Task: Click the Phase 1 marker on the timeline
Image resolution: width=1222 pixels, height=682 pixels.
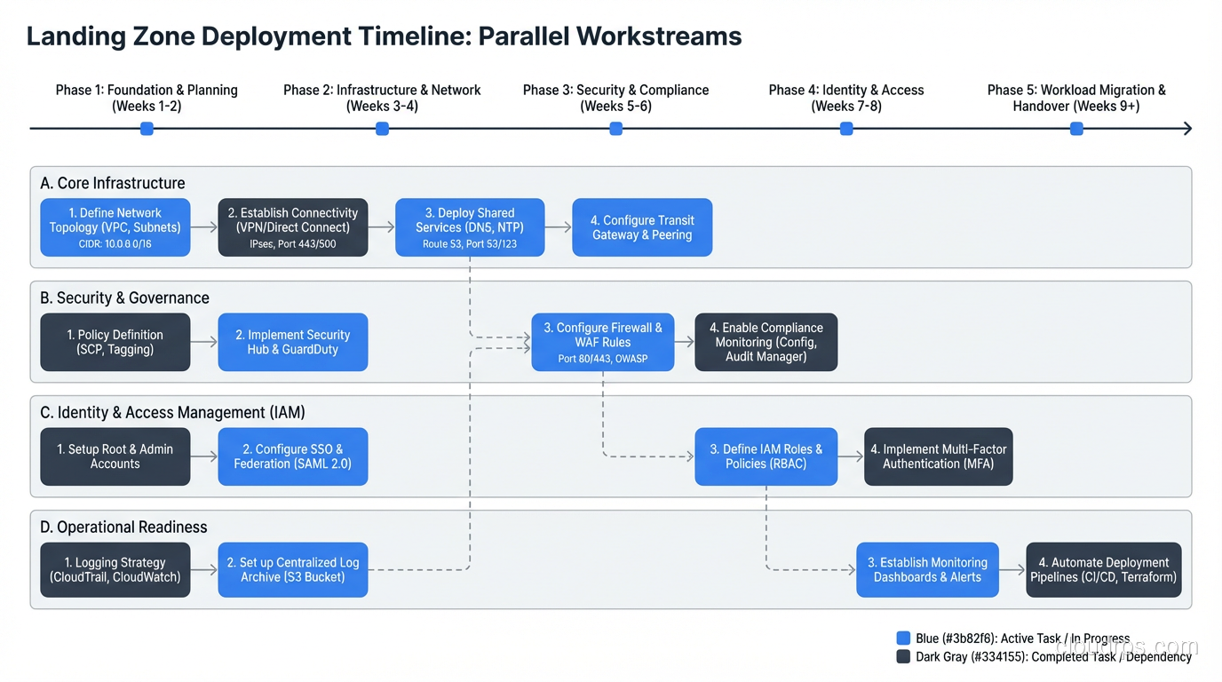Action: coord(147,129)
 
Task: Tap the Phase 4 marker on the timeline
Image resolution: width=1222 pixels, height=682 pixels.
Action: coord(846,129)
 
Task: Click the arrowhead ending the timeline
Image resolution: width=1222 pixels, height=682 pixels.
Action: coord(1186,129)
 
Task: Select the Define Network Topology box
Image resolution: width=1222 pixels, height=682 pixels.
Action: coord(115,227)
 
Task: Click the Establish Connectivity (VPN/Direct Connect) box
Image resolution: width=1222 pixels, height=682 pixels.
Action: coord(293,227)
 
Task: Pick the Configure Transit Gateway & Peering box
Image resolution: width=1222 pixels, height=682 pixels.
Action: coord(642,227)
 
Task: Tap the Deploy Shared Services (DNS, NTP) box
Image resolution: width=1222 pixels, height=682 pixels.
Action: coord(470,227)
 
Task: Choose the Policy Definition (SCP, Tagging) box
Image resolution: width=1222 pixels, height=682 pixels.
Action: coord(115,342)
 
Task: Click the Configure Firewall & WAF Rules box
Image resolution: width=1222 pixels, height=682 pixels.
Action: coord(602,342)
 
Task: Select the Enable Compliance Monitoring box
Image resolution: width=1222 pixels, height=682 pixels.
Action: coord(766,342)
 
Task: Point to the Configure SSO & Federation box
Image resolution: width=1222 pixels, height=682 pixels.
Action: coord(293,456)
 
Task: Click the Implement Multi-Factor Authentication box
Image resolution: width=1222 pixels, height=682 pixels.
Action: coord(938,456)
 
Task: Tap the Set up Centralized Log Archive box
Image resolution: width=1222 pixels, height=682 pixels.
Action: coord(293,570)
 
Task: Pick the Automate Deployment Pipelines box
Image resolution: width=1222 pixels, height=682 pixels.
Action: coord(1103,570)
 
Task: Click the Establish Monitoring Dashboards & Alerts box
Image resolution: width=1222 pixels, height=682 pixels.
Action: coord(927,570)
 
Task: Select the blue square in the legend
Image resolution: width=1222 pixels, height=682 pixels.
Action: coord(903,638)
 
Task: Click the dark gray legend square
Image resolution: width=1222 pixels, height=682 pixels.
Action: coord(903,656)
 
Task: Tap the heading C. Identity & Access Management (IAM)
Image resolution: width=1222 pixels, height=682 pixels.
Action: coord(172,413)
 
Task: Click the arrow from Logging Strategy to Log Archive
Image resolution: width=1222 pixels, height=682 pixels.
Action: coord(204,570)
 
